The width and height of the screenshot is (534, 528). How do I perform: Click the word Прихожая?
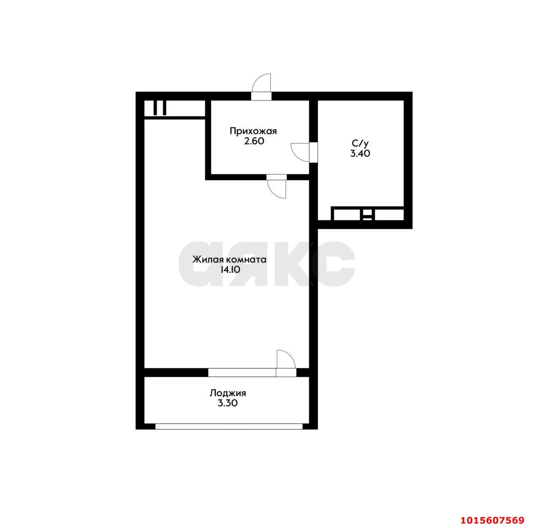tap(253, 131)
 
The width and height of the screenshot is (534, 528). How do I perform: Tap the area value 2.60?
tap(254, 141)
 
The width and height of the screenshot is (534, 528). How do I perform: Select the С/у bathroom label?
tap(360, 143)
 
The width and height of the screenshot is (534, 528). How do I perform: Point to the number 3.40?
tap(360, 153)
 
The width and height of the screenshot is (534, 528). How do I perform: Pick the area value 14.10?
tap(230, 270)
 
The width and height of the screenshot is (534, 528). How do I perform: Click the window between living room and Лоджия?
tap(242, 372)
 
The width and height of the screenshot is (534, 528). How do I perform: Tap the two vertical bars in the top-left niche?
tap(160, 108)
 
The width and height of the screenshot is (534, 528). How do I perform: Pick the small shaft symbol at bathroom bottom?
tap(368, 215)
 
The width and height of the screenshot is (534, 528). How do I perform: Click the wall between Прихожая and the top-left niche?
tap(208, 140)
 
